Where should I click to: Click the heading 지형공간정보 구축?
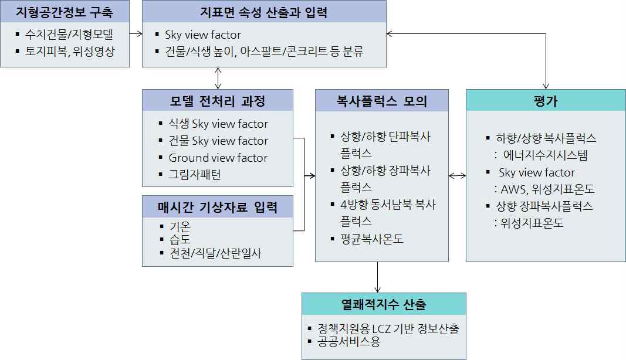click(x=65, y=12)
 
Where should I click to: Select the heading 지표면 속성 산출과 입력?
click(x=264, y=12)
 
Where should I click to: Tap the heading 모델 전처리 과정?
click(x=218, y=101)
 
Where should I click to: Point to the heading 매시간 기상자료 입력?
click(x=218, y=207)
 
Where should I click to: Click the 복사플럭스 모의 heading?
click(x=382, y=101)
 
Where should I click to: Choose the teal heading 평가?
click(x=546, y=101)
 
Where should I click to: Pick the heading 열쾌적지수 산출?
click(x=384, y=304)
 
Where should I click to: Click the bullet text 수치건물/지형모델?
click(x=69, y=35)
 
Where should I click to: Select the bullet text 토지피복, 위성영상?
click(x=70, y=51)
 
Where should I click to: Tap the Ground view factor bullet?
click(x=218, y=158)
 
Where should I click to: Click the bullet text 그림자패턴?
click(x=194, y=174)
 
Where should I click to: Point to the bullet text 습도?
click(x=180, y=239)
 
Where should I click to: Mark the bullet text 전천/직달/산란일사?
click(x=215, y=253)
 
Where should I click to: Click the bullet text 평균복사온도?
click(x=372, y=239)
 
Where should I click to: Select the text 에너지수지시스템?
click(x=546, y=155)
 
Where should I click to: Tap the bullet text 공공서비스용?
click(x=349, y=342)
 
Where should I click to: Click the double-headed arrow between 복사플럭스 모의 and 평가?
click(x=457, y=176)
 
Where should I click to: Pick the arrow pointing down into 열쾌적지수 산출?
click(x=378, y=277)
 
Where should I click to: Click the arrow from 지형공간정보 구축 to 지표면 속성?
click(x=136, y=34)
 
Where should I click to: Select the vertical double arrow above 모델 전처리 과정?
click(x=218, y=78)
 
